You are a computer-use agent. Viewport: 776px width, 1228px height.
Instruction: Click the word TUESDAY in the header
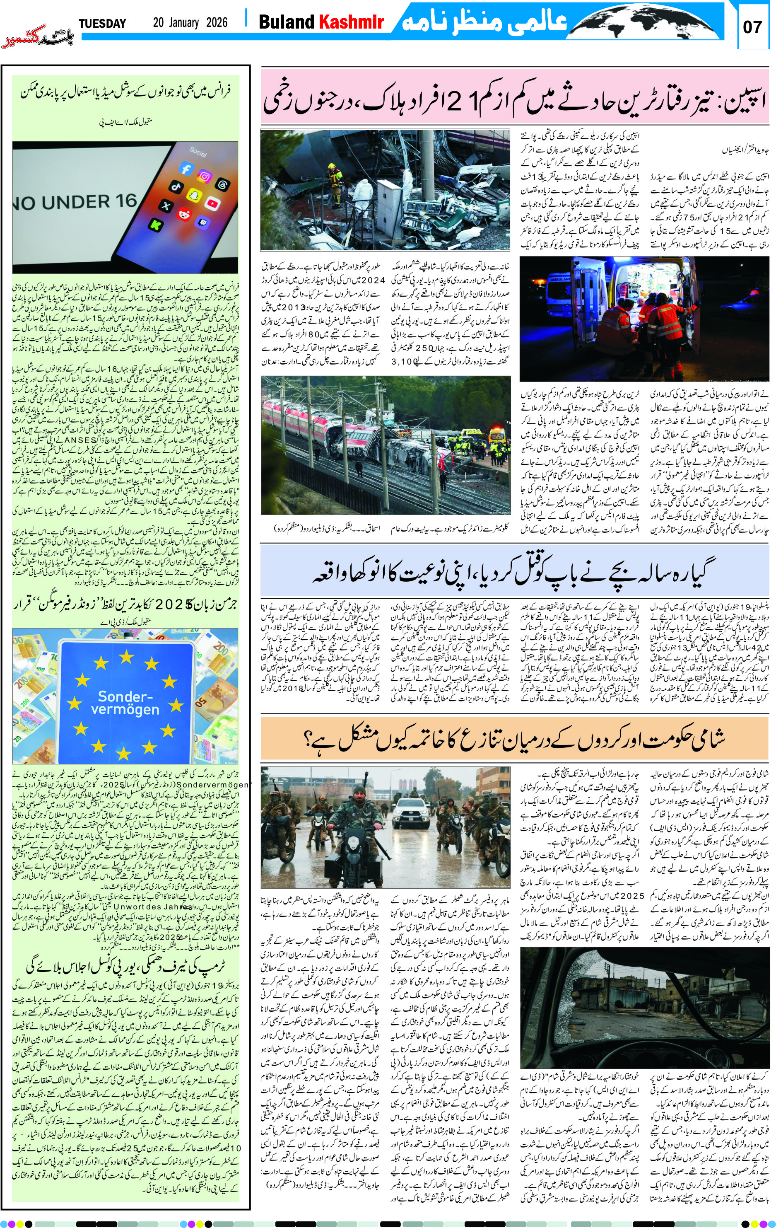point(102,24)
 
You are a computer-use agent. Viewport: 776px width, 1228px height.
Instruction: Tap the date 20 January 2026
point(190,23)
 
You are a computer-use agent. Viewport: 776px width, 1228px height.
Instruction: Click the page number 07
point(752,27)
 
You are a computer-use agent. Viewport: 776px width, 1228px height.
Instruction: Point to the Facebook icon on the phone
point(185,169)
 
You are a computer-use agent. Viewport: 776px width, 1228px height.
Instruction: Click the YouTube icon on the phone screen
point(212,203)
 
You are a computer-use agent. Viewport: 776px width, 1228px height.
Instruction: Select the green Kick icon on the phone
point(155,223)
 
